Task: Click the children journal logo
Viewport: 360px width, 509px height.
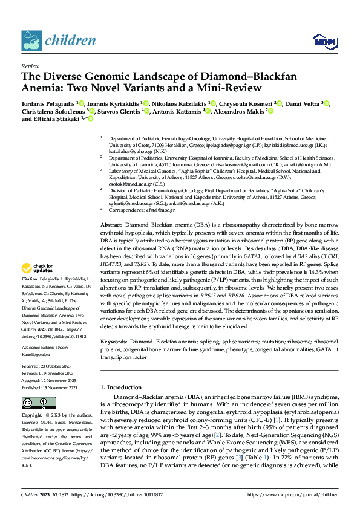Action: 58,41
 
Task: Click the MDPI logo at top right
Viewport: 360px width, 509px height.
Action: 323,41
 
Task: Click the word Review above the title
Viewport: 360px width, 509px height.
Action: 30,66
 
